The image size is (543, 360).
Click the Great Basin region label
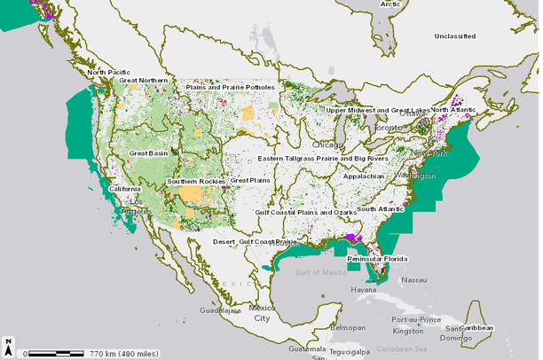point(147,153)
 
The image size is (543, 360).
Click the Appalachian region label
point(364,176)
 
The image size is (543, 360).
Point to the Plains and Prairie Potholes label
point(231,88)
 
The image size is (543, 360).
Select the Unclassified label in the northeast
point(459,35)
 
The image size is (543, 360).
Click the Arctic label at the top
point(390,4)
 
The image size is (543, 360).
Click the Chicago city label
point(327,144)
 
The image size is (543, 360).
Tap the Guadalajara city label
point(220,311)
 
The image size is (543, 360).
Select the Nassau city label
point(413,279)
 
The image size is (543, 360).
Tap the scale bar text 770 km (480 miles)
point(122,353)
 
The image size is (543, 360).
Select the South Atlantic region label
point(380,209)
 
